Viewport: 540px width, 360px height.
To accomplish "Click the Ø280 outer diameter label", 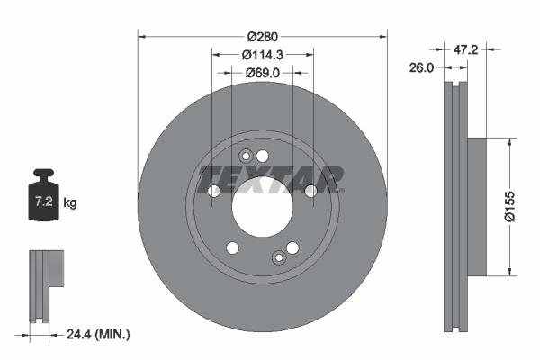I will point(262,36).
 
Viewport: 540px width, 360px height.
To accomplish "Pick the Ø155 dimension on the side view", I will point(509,208).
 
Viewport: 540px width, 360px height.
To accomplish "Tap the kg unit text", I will point(70,203).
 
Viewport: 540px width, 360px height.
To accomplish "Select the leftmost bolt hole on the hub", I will point(214,191).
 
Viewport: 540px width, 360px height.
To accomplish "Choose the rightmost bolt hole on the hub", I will point(311,191).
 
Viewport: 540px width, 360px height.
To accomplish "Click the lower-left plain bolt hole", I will point(232,248).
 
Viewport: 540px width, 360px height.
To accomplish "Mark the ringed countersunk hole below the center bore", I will point(279,259).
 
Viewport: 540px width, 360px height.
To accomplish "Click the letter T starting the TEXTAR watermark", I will point(209,178).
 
